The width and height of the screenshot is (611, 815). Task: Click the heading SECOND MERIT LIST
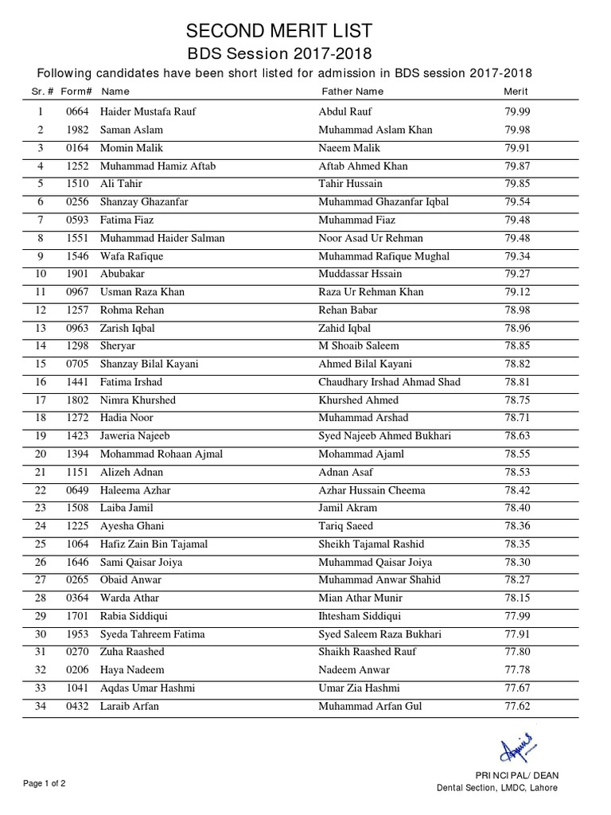[278, 31]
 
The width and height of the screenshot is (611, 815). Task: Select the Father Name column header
[350, 92]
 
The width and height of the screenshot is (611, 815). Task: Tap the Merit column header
[516, 92]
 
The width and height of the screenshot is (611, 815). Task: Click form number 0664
[78, 112]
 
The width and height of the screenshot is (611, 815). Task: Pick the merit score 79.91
[517, 148]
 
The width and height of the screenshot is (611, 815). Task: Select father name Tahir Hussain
[350, 184]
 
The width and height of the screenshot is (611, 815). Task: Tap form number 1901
[78, 274]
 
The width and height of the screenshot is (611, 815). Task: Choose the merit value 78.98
[517, 310]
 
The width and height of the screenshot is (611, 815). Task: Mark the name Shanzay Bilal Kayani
[150, 364]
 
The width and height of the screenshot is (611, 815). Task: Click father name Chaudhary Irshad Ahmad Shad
[389, 382]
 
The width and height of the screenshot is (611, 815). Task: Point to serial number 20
[40, 454]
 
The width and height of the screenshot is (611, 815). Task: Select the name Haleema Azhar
[135, 490]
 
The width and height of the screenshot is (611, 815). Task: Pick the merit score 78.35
[517, 544]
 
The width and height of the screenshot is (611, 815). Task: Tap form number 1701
[78, 616]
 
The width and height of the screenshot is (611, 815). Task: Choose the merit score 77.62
[517, 706]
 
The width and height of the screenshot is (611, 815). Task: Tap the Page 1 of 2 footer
[45, 783]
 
